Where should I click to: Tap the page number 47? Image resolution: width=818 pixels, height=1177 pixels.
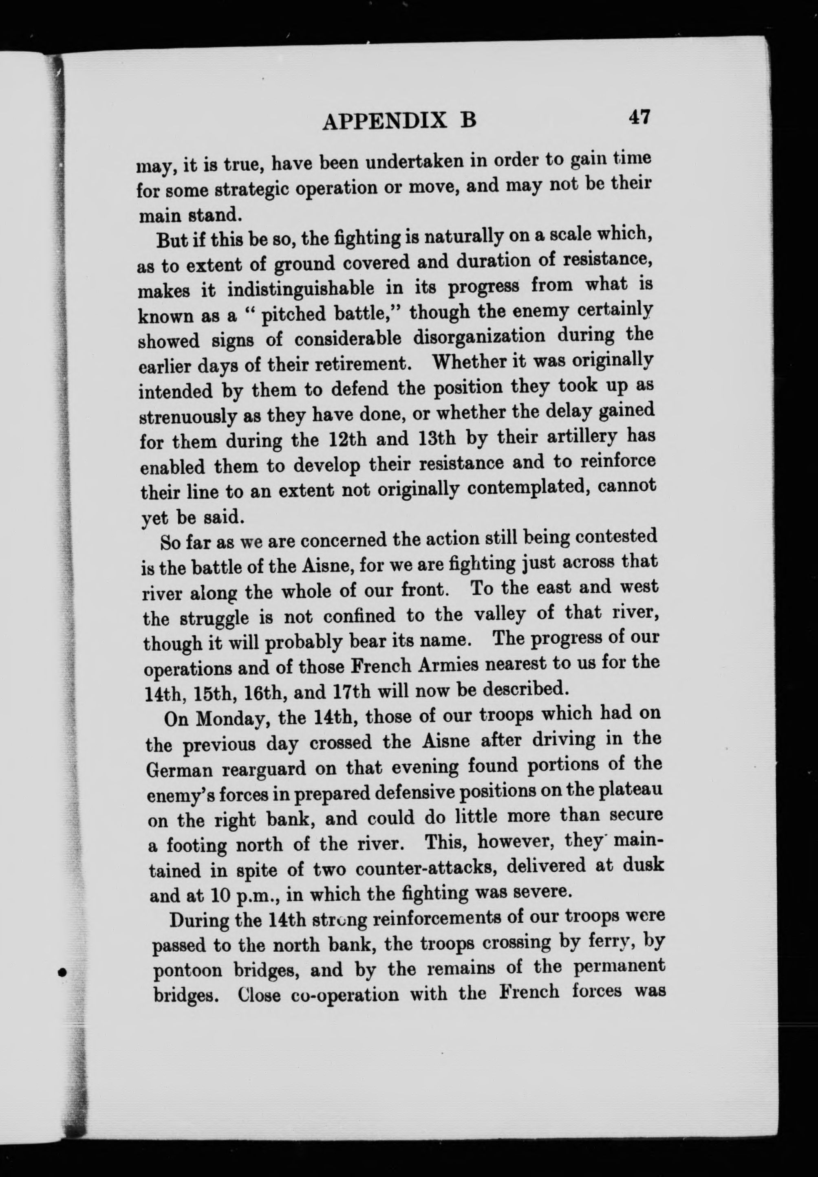tap(639, 117)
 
